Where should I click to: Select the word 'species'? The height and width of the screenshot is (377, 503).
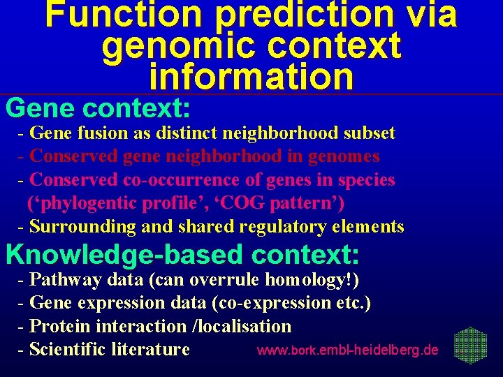[366, 179]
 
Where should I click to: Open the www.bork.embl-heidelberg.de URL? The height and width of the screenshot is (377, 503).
[348, 349]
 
